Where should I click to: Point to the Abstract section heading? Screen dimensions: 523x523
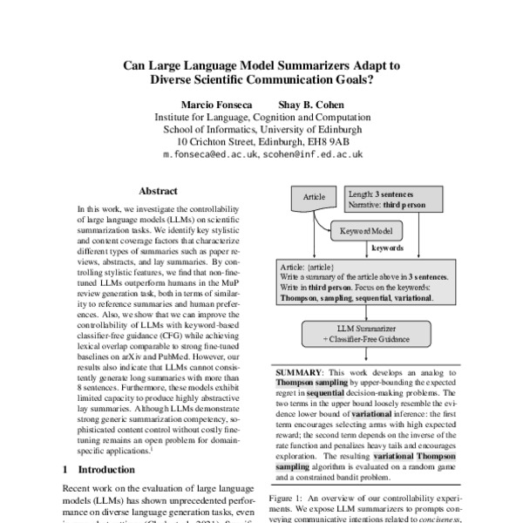point(158,191)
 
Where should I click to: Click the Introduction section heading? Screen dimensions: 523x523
point(102,469)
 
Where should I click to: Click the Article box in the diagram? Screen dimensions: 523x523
point(314,198)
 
